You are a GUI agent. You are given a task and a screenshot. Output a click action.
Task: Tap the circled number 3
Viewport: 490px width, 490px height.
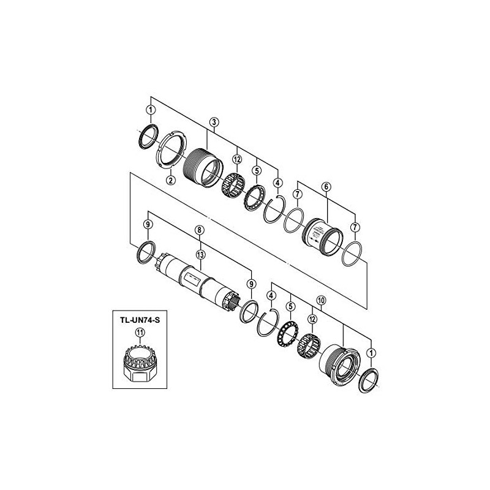pos(213,122)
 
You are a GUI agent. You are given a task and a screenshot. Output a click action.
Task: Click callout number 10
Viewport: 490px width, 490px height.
pos(322,301)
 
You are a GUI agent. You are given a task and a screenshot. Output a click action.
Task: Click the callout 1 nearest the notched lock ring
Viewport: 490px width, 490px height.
pos(149,110)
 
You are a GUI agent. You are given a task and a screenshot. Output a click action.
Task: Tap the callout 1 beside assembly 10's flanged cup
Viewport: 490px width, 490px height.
pos(372,353)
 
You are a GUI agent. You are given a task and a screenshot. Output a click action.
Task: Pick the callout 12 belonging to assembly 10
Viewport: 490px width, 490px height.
pos(312,320)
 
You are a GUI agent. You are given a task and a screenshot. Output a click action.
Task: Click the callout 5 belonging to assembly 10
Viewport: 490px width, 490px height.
pos(291,305)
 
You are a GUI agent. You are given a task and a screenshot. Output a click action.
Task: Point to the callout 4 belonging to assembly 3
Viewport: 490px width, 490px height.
pos(278,183)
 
